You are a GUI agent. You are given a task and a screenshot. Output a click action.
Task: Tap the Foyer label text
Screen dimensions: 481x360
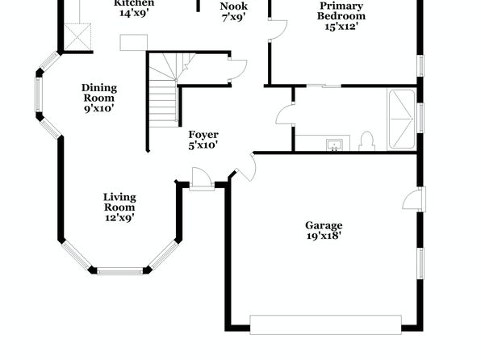click(203, 135)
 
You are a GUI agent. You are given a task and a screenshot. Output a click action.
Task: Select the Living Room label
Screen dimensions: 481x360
click(119, 203)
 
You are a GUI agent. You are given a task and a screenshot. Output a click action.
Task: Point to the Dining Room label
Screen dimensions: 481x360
click(99, 93)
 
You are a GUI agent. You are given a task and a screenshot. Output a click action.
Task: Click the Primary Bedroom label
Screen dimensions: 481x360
click(341, 10)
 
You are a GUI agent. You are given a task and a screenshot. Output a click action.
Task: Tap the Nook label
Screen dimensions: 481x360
click(234, 6)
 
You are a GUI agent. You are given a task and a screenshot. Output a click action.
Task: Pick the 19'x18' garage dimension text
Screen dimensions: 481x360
click(324, 236)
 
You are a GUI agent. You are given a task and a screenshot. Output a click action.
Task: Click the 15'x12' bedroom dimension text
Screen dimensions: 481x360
click(341, 27)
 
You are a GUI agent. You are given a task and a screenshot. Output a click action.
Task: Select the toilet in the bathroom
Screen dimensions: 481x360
click(366, 141)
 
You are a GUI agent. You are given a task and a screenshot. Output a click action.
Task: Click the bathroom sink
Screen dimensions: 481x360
click(334, 144)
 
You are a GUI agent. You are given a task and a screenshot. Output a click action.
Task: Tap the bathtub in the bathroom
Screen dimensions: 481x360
click(402, 119)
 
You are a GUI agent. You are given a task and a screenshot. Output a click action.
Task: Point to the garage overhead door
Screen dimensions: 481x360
click(326, 324)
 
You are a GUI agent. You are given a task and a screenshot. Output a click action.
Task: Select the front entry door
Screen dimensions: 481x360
click(202, 179)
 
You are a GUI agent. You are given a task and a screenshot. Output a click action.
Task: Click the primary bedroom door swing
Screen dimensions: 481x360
click(278, 30)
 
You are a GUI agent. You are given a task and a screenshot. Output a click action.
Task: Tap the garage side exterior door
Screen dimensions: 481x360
click(414, 199)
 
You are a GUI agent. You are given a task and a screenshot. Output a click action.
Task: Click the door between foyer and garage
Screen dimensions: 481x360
click(245, 167)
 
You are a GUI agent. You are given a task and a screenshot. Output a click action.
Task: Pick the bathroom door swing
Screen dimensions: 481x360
click(285, 115)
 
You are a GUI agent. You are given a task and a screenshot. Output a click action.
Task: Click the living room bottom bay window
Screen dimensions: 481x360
click(120, 271)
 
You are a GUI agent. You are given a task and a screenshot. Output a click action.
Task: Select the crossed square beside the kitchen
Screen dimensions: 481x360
click(77, 37)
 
